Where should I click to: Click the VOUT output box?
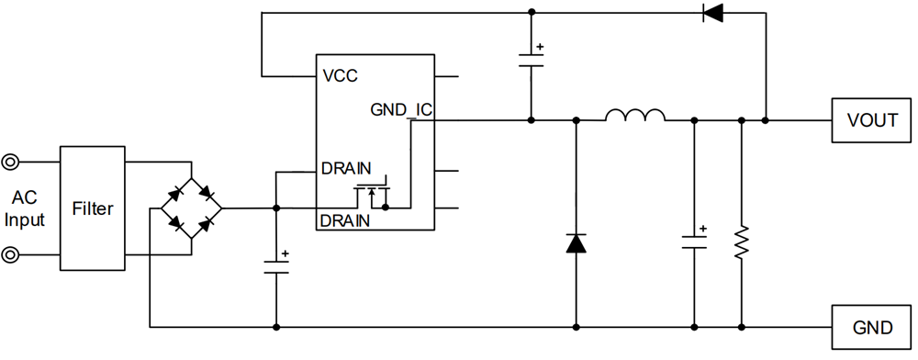pyautogui.click(x=872, y=120)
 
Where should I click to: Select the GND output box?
pyautogui.click(x=872, y=327)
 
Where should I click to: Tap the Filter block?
pyautogui.click(x=93, y=208)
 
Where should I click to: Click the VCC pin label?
pyautogui.click(x=340, y=75)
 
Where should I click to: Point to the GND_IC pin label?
pyautogui.click(x=400, y=109)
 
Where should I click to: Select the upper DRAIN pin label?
pyautogui.click(x=346, y=170)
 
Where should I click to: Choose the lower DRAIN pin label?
pyautogui.click(x=346, y=220)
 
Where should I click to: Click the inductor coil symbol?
pyautogui.click(x=635, y=116)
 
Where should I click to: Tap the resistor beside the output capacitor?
pyautogui.click(x=741, y=243)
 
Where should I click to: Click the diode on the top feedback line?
pyautogui.click(x=712, y=13)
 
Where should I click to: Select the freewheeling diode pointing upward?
pyautogui.click(x=576, y=243)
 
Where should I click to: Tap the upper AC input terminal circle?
pyautogui.click(x=10, y=163)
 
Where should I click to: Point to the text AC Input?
pyautogui.click(x=25, y=208)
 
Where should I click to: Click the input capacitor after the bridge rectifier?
pyautogui.click(x=275, y=266)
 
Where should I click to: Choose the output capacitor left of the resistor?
pyautogui.click(x=694, y=242)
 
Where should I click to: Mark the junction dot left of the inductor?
pyautogui.click(x=576, y=120)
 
